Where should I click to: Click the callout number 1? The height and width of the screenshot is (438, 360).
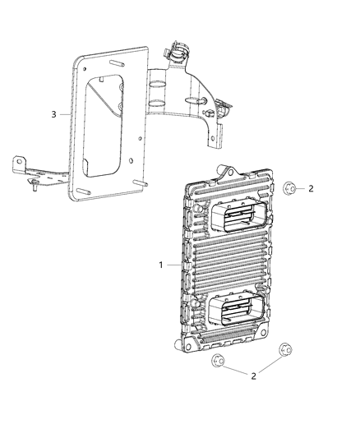160,265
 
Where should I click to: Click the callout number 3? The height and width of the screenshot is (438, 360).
54,114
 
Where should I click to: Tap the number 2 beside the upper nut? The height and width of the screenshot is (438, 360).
311,189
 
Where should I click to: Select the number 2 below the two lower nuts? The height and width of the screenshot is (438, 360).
252,376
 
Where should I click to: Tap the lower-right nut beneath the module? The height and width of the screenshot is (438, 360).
285,348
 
